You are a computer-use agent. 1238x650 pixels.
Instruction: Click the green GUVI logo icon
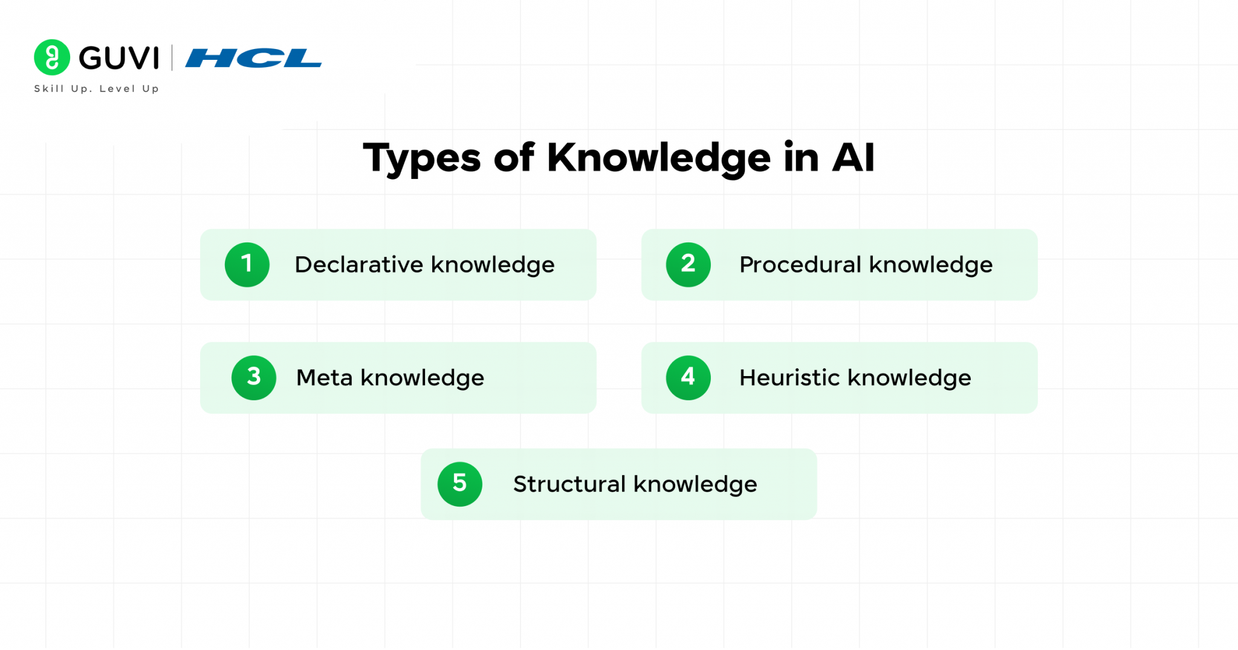pos(52,57)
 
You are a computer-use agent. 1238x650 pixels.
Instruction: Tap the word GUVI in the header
pos(119,58)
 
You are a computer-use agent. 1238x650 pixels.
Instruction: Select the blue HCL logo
pos(253,58)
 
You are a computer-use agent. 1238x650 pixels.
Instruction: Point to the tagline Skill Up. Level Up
pos(97,89)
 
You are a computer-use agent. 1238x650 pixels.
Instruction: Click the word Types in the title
pos(422,158)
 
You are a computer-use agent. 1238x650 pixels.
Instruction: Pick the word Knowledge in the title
pos(659,158)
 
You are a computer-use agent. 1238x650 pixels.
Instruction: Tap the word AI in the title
pos(853,158)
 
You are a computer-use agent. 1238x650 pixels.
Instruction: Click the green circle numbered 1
pos(247,265)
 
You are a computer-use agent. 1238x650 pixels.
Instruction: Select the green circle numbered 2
pos(689,265)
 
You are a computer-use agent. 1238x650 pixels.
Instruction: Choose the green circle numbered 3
pos(254,378)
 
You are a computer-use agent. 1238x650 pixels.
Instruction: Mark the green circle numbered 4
pos(689,378)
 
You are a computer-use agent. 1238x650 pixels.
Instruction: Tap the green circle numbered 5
pos(460,484)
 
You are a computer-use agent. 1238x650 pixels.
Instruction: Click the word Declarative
pos(359,265)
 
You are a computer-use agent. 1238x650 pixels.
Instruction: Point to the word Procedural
pos(800,265)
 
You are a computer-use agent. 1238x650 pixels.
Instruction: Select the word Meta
pos(325,378)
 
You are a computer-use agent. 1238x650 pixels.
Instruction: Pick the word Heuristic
pos(790,378)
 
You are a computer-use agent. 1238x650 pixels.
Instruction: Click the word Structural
pos(569,484)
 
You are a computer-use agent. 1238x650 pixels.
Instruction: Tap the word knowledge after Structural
pos(695,485)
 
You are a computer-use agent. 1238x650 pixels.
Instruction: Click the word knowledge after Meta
pos(423,379)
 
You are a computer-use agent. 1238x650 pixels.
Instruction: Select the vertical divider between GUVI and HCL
pos(172,58)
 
